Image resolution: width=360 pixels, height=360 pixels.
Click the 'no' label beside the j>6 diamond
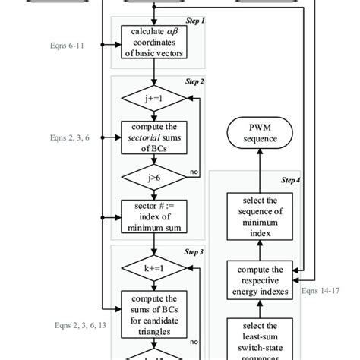[194, 172]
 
